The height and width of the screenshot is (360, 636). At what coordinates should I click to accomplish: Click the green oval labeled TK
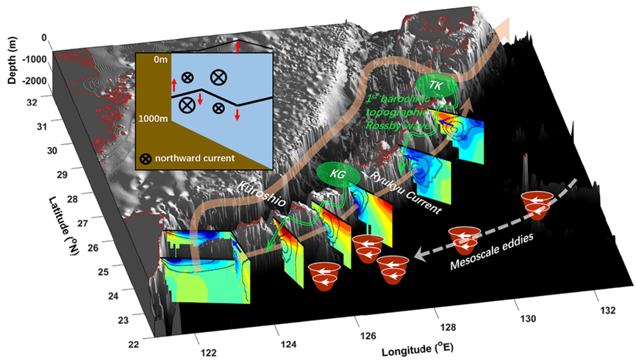tap(435, 85)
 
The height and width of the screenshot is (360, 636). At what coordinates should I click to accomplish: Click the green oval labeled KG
tap(338, 174)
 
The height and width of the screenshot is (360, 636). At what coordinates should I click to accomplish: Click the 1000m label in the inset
tap(153, 119)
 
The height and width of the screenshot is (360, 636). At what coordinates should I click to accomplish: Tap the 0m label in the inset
tap(160, 60)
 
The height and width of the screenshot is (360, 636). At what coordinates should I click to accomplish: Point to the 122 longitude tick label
tap(209, 353)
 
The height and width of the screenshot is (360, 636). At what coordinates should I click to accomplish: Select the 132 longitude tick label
tap(607, 311)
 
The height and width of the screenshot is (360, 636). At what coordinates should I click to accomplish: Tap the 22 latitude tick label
tap(133, 345)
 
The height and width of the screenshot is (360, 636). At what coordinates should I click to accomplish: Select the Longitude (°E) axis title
tap(418, 348)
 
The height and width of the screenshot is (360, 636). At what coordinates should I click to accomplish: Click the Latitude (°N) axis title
tap(63, 226)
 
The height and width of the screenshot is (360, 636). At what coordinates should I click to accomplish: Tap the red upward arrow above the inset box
tap(237, 46)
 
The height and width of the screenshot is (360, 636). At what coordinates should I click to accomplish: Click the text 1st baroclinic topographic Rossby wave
tap(399, 112)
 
